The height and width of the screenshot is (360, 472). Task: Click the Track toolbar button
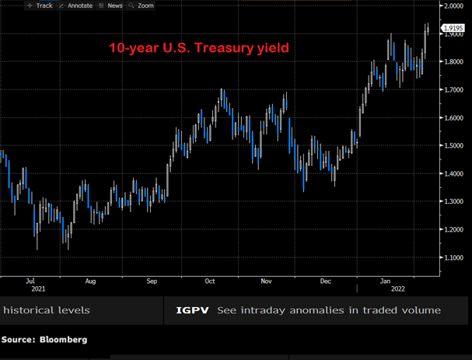(40, 5)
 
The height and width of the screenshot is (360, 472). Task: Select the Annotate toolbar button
(76, 5)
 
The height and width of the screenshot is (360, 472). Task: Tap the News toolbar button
(110, 5)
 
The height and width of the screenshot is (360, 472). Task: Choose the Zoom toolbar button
(141, 5)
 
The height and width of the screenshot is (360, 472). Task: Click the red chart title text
(199, 48)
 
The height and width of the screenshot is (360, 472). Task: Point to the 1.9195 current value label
(453, 28)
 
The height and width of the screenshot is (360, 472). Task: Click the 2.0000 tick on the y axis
(453, 5)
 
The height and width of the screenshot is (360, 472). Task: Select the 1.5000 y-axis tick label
(453, 145)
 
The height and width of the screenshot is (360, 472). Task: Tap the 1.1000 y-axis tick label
(453, 257)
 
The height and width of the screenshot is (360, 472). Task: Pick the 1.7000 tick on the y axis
(453, 89)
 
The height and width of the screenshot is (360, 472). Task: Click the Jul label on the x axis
(30, 281)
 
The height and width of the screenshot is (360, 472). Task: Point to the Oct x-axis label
(210, 281)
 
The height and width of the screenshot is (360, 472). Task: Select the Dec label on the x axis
(326, 281)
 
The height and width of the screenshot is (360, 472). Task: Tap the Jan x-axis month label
(386, 281)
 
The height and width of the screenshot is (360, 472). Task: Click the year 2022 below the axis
(398, 289)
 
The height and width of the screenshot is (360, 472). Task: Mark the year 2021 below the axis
(38, 289)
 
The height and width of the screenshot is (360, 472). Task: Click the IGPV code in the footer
(192, 310)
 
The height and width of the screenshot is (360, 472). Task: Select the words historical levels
(47, 310)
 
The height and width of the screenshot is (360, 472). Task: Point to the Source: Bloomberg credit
(44, 340)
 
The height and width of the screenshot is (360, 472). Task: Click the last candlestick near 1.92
(428, 30)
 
